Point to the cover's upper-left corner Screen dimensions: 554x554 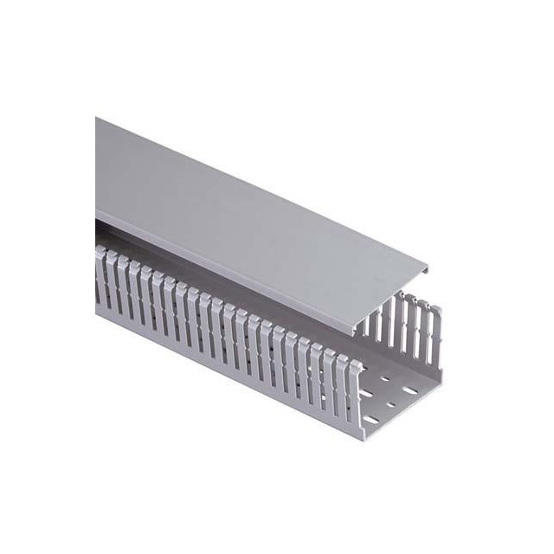pyautogui.click(x=96, y=119)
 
